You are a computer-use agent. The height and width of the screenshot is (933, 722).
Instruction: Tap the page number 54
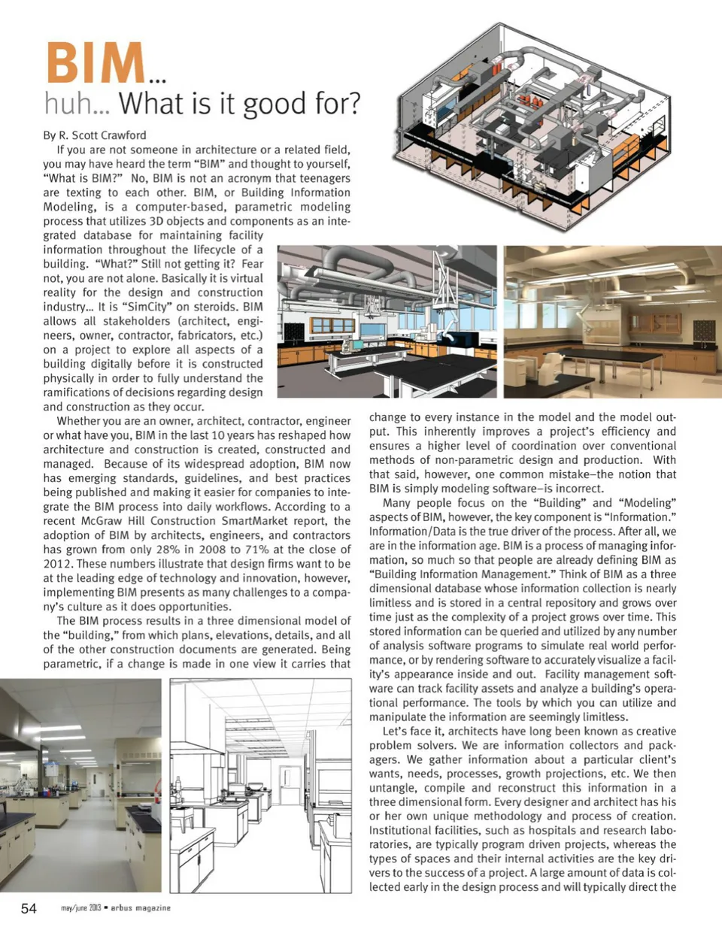click(29, 908)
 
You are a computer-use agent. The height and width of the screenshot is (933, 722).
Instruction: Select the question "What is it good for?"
click(240, 104)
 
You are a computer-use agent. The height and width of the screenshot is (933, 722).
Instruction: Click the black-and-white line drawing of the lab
click(260, 786)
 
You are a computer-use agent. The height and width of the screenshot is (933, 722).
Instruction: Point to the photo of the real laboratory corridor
click(80, 786)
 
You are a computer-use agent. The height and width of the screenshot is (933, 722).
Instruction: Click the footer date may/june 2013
click(80, 908)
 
